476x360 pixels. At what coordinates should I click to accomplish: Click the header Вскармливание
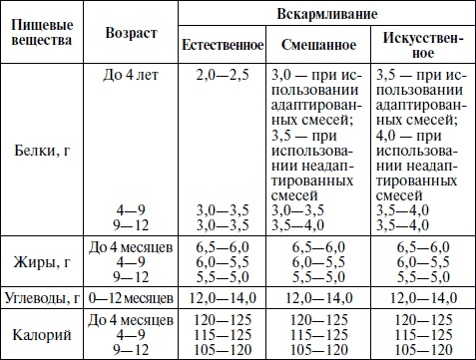tap(324, 14)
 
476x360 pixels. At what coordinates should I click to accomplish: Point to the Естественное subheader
tap(222, 46)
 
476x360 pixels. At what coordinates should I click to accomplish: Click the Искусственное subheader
tap(422, 46)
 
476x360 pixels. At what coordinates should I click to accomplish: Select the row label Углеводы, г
tap(40, 298)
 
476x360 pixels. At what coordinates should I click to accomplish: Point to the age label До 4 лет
tap(131, 75)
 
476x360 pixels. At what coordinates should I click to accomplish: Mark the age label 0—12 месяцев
tap(131, 298)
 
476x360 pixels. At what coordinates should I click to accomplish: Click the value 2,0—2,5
tap(222, 75)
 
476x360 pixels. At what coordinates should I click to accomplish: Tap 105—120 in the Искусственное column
tap(422, 351)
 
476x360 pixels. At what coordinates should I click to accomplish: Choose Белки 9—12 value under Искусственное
tap(422, 226)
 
